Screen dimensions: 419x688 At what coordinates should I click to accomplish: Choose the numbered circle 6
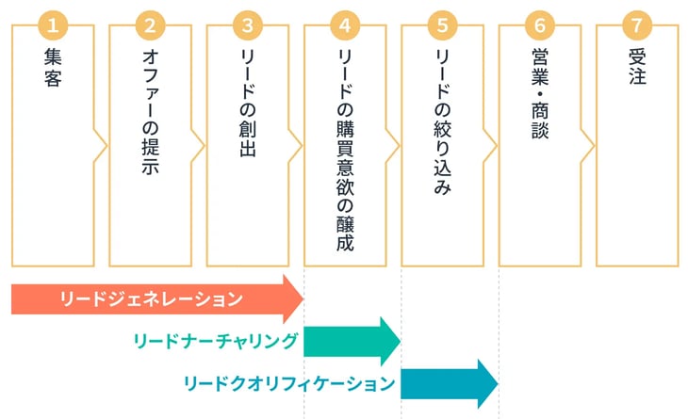click(538, 25)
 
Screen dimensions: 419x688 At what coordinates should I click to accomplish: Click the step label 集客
click(53, 68)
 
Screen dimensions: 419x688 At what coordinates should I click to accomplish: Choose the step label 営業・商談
click(538, 94)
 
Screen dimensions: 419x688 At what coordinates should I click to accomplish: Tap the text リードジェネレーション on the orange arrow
click(151, 299)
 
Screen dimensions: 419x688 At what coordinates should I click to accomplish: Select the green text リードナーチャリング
click(217, 341)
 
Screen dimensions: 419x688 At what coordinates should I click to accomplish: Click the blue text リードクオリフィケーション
click(288, 383)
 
